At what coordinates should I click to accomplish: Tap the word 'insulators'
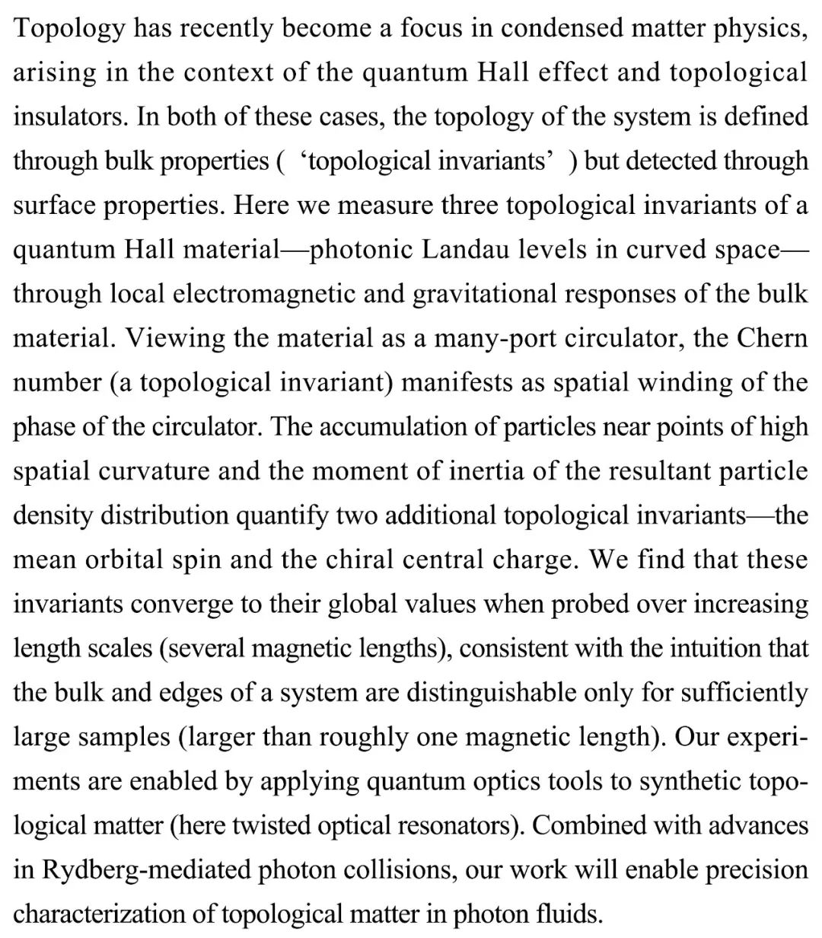pyautogui.click(x=70, y=116)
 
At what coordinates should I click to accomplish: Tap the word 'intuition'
pyautogui.click(x=724, y=647)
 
